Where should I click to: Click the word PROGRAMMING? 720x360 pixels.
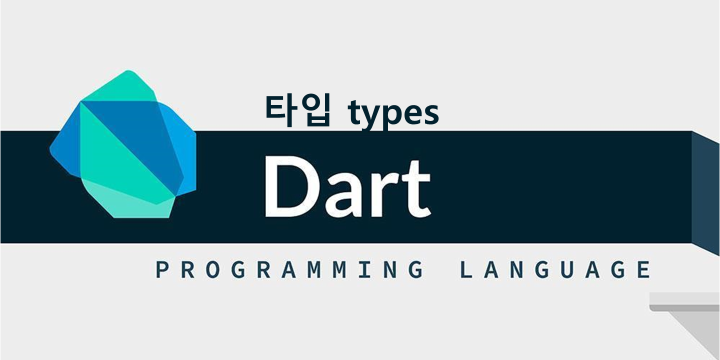(289, 269)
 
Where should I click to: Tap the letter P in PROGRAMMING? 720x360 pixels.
(161, 269)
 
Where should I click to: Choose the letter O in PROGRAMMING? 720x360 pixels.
(213, 269)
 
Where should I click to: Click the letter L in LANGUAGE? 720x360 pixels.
(465, 269)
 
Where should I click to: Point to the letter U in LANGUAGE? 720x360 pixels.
(567, 269)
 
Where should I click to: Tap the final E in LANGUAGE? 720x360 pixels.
(644, 269)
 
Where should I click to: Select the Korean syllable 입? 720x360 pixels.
(315, 111)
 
